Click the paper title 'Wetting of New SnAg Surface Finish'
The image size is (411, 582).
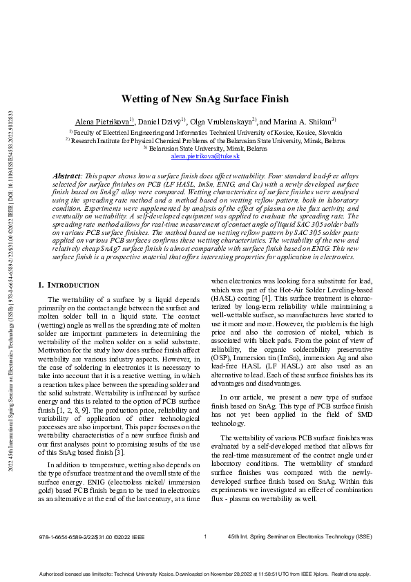(205, 99)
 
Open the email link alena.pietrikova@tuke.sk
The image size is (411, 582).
(205, 156)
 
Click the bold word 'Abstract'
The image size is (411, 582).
(66, 177)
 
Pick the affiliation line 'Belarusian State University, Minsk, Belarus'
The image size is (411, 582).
(205, 148)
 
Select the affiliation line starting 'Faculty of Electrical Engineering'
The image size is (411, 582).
(205, 132)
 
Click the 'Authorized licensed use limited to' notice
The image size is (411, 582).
(205, 573)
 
